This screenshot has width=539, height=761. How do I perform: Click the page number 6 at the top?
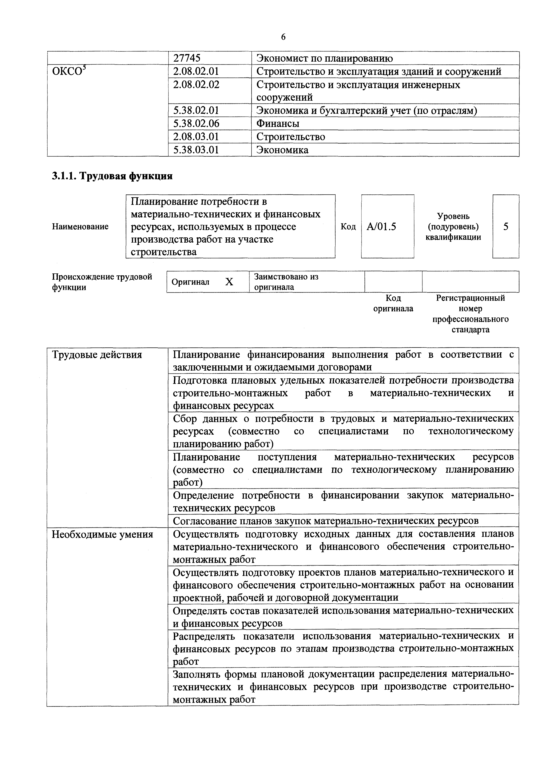pos(283,37)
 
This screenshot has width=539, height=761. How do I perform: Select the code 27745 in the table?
pos(187,58)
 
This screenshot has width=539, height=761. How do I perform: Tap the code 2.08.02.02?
pos(196,85)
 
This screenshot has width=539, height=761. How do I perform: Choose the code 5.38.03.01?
pos(196,150)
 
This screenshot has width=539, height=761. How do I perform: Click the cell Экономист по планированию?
pos(324,58)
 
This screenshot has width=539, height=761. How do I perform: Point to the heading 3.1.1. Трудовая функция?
pos(112,176)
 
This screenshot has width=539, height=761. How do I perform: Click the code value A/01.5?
pos(381,227)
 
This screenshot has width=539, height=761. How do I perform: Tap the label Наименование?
pos(80,227)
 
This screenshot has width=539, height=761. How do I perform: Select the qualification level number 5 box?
pos(506,227)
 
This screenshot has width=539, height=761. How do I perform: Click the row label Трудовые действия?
pos(97,355)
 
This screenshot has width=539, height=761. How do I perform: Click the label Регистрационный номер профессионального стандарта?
pos(470,314)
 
